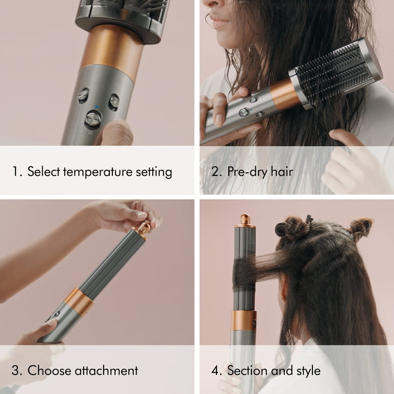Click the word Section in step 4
[x=247, y=370]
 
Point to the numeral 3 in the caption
[x=16, y=370]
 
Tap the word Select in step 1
[x=43, y=171]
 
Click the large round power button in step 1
[x=93, y=120]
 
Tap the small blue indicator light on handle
[x=97, y=108]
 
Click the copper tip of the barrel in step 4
[x=245, y=220]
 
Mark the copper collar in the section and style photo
[x=243, y=320]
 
